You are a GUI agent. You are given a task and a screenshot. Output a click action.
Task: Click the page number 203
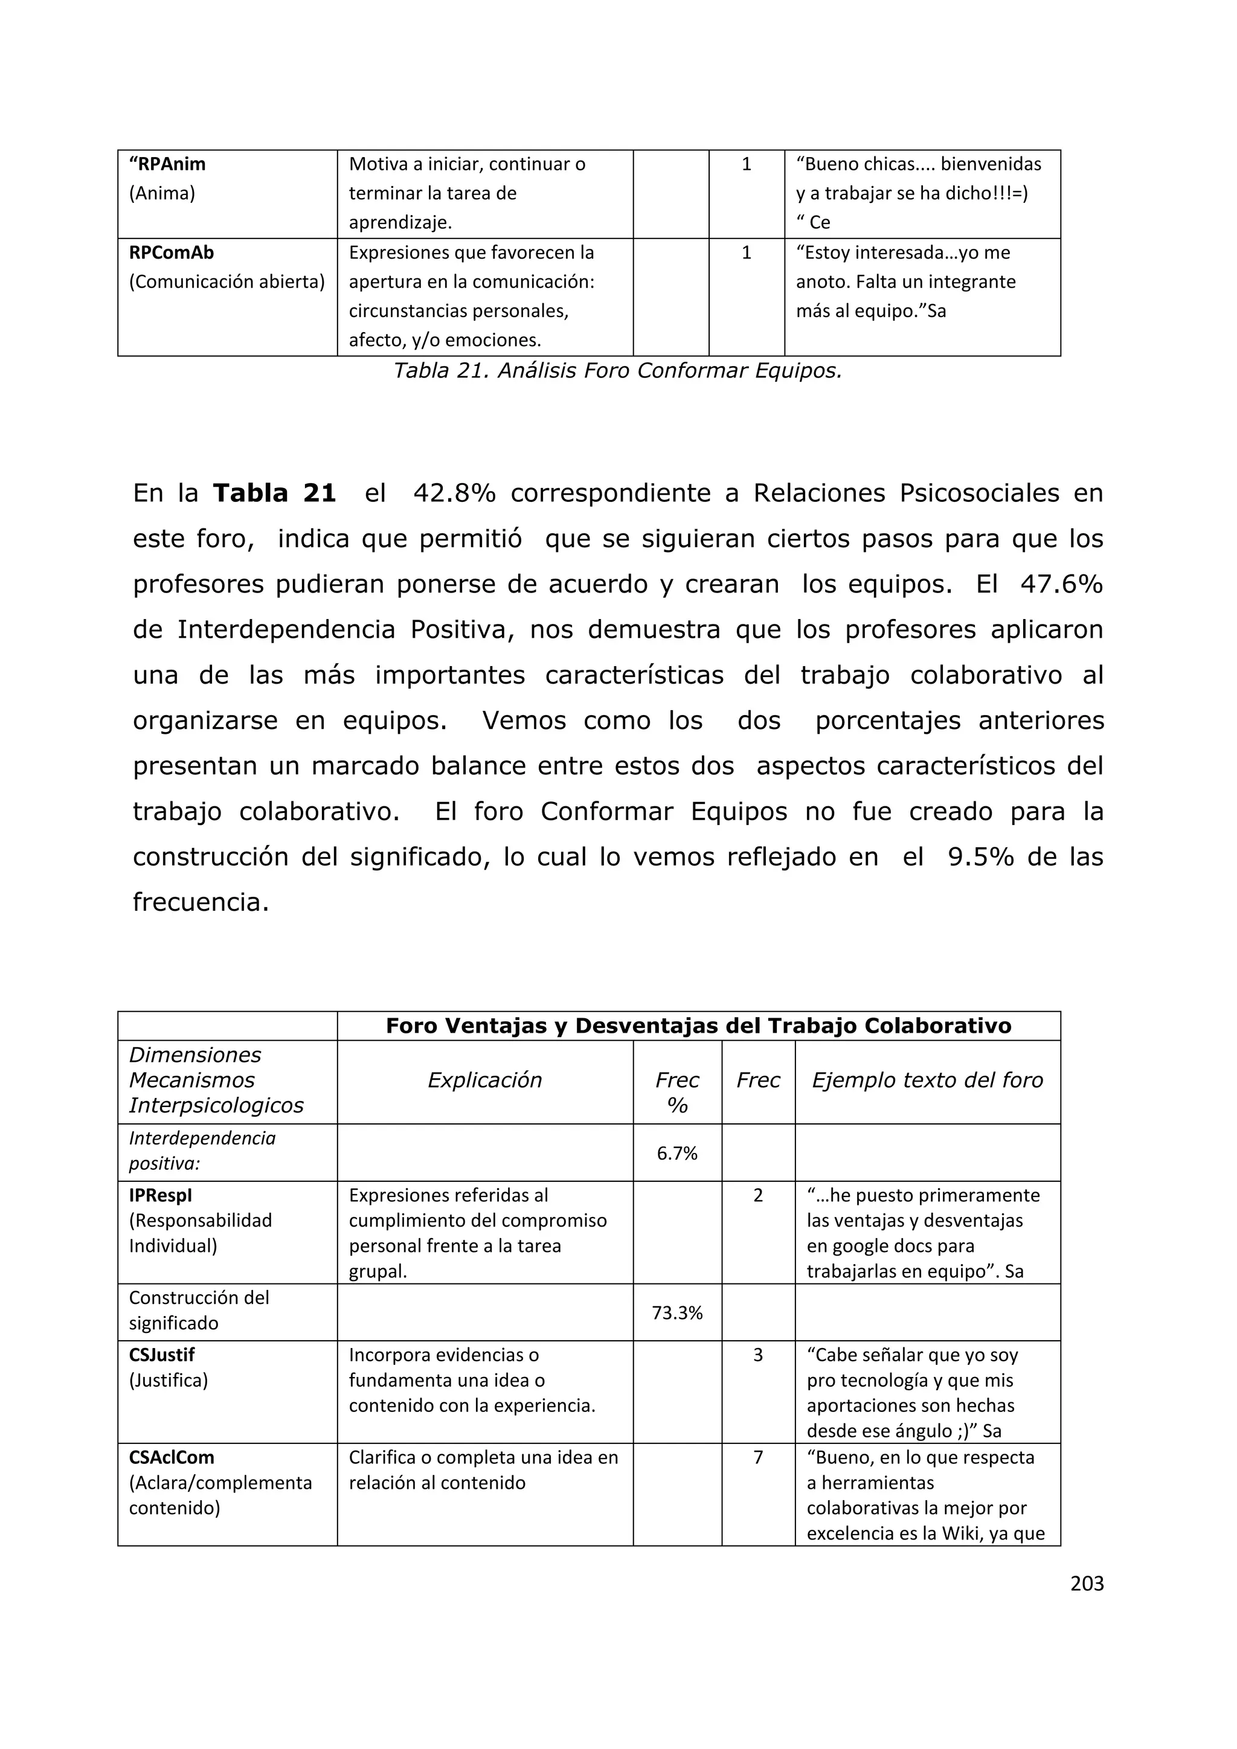1086,1584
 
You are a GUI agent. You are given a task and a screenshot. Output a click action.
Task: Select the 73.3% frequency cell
676,1312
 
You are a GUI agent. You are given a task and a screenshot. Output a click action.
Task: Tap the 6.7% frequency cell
676,1154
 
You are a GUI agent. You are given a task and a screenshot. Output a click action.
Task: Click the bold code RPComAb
172,252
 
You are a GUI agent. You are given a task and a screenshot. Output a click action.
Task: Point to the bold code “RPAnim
167,164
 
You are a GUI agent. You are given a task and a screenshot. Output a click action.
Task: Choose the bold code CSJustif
161,1355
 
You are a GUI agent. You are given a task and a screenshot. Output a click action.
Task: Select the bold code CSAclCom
172,1457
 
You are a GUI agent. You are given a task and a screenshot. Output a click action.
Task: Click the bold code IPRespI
160,1195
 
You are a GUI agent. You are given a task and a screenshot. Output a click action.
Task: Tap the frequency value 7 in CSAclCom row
757,1457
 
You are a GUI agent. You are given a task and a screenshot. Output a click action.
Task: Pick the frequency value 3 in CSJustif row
757,1355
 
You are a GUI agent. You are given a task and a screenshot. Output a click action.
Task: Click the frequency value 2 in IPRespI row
757,1195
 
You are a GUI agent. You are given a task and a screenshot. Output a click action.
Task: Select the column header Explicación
484,1080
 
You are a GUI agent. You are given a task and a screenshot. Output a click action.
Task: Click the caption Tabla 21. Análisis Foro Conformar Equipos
617,371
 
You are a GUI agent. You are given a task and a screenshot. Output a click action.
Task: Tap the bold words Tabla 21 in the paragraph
274,493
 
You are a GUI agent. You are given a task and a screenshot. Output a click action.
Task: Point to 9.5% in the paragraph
980,857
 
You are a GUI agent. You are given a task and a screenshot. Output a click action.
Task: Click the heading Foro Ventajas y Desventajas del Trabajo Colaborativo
698,1026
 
